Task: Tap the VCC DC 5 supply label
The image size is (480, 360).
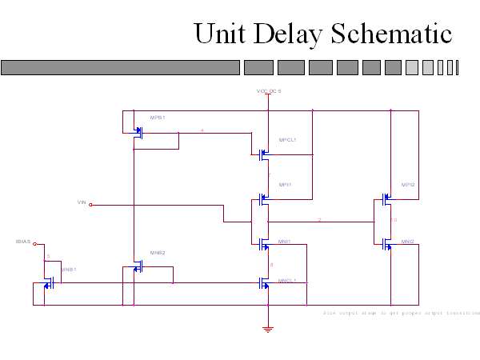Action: (269, 91)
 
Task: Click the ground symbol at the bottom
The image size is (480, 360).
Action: (269, 328)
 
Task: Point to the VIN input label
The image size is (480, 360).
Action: (81, 202)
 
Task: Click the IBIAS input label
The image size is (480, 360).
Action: (23, 241)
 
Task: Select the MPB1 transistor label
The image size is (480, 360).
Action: (157, 118)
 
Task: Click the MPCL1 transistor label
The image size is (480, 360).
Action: (287, 140)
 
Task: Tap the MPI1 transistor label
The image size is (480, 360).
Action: (285, 185)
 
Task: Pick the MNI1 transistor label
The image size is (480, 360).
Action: (285, 241)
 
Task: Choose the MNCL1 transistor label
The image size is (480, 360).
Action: (287, 281)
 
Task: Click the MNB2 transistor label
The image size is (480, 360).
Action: (158, 253)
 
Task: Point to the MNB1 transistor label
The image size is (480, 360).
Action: (69, 270)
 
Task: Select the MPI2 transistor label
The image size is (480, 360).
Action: (408, 185)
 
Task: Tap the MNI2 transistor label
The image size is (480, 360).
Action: (408, 241)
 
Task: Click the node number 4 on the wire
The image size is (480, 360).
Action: (202, 130)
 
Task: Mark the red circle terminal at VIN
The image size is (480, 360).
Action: (90, 205)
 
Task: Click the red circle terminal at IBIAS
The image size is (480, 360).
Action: (34, 244)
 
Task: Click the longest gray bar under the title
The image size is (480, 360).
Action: (121, 67)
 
